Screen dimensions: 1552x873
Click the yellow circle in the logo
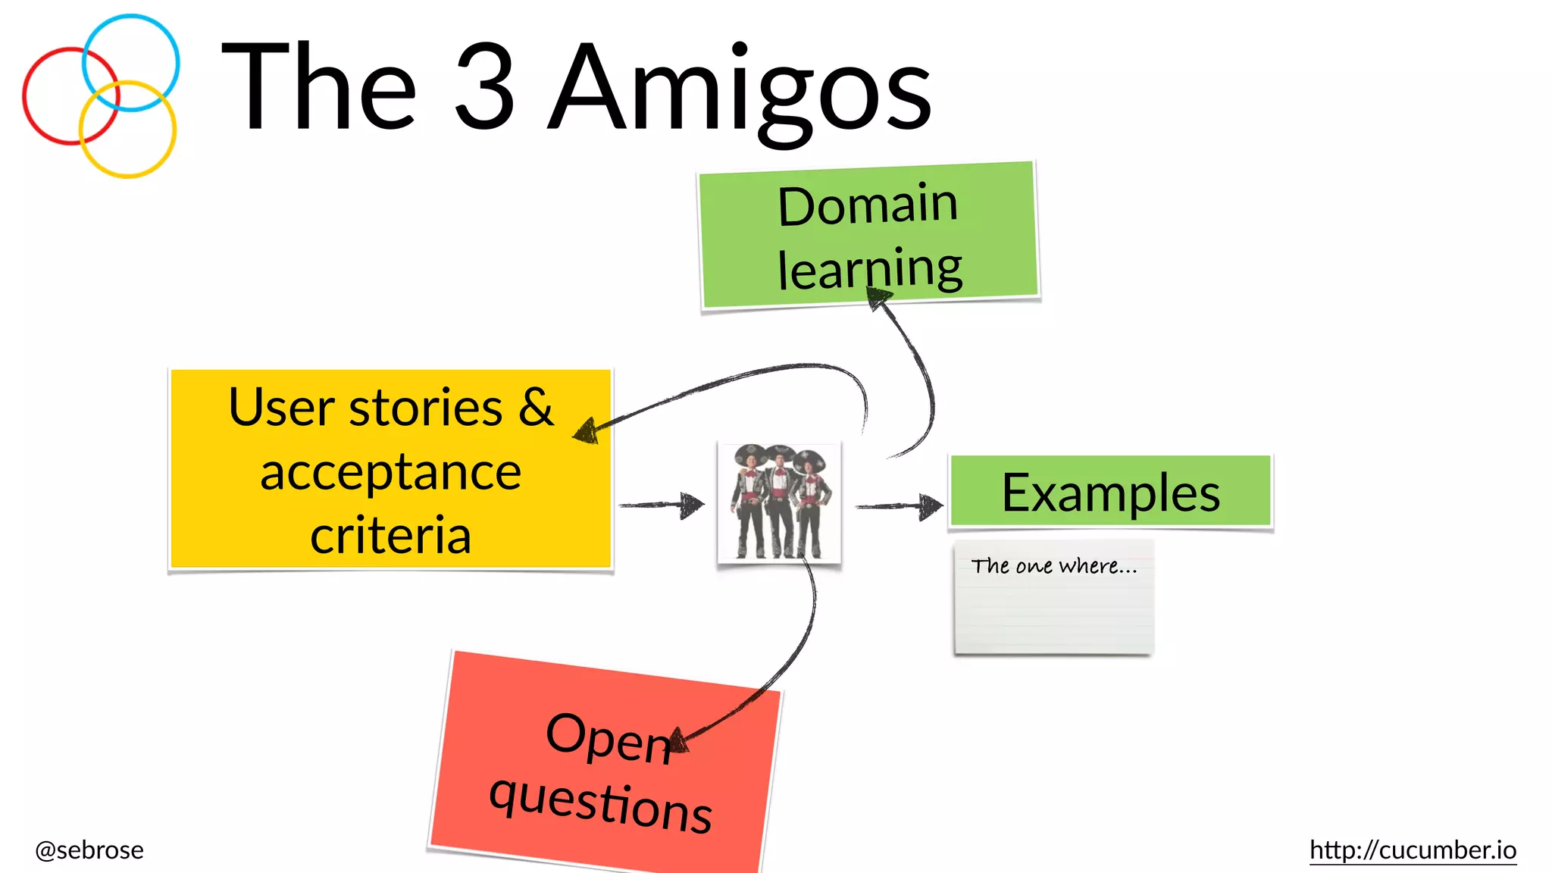[127, 174]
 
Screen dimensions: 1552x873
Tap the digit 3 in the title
[484, 86]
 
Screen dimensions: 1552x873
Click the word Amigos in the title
[739, 91]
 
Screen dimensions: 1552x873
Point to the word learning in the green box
[870, 269]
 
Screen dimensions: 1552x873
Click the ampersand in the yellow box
[536, 407]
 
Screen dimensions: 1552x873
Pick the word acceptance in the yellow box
[390, 472]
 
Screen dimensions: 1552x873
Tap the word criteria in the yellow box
[390, 535]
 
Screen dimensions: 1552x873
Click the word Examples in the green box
[1110, 493]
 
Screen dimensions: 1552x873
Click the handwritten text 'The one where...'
[1054, 566]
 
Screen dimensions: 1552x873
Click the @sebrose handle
[89, 850]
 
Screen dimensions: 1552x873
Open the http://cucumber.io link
[1413, 850]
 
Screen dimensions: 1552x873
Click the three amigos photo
[779, 502]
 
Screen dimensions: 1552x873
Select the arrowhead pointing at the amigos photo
[691, 505]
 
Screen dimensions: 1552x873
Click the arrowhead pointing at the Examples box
[930, 505]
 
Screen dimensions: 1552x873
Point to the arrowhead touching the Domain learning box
[880, 300]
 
